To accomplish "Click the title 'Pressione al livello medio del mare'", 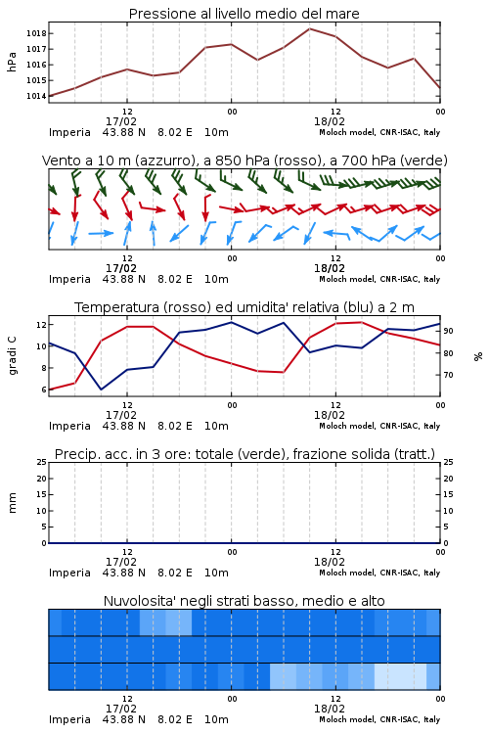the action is pyautogui.click(x=244, y=14).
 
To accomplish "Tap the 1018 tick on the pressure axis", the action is pyautogui.click(x=36, y=33).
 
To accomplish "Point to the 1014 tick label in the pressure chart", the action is pyautogui.click(x=36, y=96).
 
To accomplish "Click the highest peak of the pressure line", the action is pyautogui.click(x=310, y=28).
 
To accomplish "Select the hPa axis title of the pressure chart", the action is pyautogui.click(x=12, y=62).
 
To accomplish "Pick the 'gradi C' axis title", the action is pyautogui.click(x=13, y=356).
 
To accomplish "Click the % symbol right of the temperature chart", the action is pyautogui.click(x=478, y=356).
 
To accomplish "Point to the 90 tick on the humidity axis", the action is pyautogui.click(x=448, y=331).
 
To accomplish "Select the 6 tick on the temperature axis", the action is pyautogui.click(x=43, y=390).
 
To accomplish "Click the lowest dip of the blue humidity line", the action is pyautogui.click(x=101, y=389).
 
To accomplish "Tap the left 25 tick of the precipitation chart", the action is pyautogui.click(x=42, y=462).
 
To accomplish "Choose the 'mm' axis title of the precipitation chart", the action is pyautogui.click(x=13, y=503).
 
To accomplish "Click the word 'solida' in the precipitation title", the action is pyautogui.click(x=370, y=454).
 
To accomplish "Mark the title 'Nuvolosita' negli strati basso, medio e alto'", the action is pyautogui.click(x=244, y=601).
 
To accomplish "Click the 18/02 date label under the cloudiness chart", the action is pyautogui.click(x=330, y=709).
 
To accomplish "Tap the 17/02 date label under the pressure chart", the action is pyautogui.click(x=121, y=121).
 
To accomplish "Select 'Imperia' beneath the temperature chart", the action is pyautogui.click(x=69, y=426).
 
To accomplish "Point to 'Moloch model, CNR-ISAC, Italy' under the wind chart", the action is pyautogui.click(x=379, y=279).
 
